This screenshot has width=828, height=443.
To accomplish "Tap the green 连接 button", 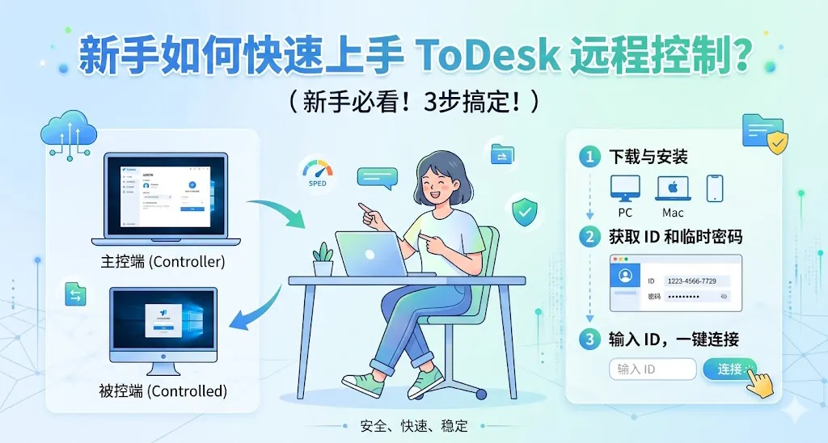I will coord(729,369).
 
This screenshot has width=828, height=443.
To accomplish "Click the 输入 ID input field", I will coord(652,369).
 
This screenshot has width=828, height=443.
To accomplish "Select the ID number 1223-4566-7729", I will coord(691,281).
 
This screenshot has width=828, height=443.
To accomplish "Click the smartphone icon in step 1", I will coord(715,188).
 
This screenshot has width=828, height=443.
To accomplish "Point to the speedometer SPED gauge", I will coord(317,171).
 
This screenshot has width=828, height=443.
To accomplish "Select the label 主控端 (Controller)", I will coord(163,262).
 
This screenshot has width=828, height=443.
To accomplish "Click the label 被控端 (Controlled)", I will coord(163,391).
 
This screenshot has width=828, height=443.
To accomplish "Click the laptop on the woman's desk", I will coord(372,253).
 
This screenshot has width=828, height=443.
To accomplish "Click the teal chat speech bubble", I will coord(377,177).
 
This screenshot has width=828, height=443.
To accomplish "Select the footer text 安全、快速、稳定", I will coord(414,425).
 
